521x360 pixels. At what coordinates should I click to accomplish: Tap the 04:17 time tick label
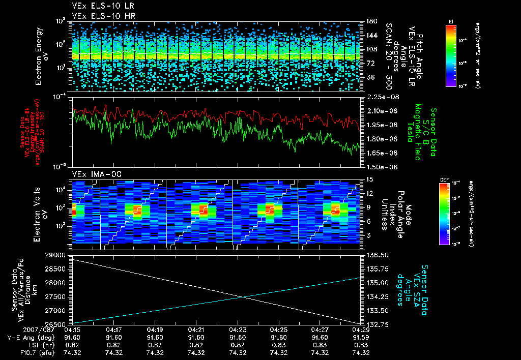[113, 330]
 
